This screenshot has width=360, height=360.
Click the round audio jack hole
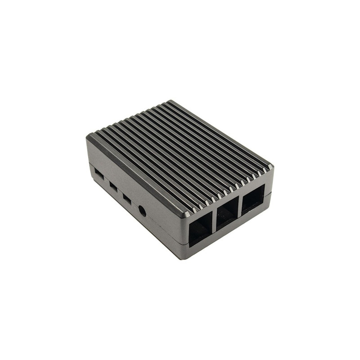142,210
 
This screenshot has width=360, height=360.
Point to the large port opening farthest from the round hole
253,198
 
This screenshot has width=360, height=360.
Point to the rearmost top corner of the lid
170,101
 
